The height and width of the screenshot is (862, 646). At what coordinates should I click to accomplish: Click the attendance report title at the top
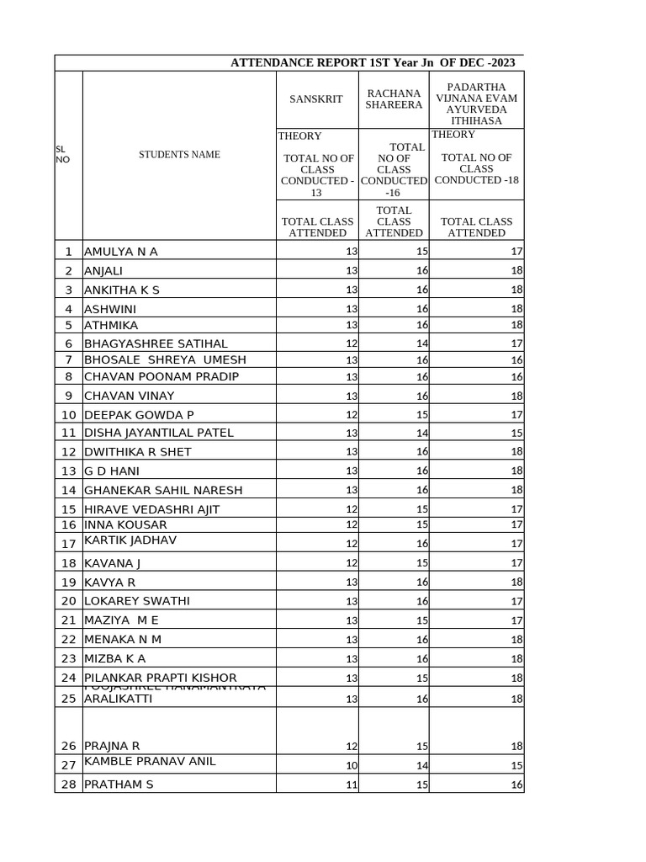pyautogui.click(x=373, y=63)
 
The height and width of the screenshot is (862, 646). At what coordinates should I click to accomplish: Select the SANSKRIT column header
pyautogui.click(x=316, y=99)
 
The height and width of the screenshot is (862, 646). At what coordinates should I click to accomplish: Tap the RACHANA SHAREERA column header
pyautogui.click(x=394, y=99)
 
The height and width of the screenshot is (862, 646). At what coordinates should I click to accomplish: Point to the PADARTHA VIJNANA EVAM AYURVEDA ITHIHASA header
pyautogui.click(x=476, y=99)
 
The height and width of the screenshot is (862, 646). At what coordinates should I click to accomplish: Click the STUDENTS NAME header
pyautogui.click(x=179, y=155)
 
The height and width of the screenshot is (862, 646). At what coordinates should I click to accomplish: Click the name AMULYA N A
pyautogui.click(x=121, y=252)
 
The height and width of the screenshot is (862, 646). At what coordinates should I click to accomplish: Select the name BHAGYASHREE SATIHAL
pyautogui.click(x=156, y=343)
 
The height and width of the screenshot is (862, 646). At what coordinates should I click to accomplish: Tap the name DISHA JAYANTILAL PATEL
pyautogui.click(x=159, y=433)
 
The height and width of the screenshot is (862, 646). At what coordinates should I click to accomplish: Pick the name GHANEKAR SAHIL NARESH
pyautogui.click(x=163, y=490)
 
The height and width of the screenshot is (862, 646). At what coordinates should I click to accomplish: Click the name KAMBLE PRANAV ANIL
pyautogui.click(x=150, y=761)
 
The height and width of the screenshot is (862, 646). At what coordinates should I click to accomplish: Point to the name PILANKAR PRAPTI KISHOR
pyautogui.click(x=161, y=678)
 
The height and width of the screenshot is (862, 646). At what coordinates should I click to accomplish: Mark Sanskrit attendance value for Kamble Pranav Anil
pyautogui.click(x=352, y=766)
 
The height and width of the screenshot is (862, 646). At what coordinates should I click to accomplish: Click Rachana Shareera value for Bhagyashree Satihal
pyautogui.click(x=422, y=343)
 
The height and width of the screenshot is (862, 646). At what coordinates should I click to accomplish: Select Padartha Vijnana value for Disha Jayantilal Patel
pyautogui.click(x=516, y=434)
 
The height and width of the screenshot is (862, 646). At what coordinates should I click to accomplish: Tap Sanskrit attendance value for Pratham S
pyautogui.click(x=352, y=785)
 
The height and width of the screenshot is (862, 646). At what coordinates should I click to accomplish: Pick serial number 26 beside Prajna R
pyautogui.click(x=68, y=746)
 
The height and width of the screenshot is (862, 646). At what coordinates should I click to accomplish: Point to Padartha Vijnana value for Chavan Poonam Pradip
pyautogui.click(x=516, y=377)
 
